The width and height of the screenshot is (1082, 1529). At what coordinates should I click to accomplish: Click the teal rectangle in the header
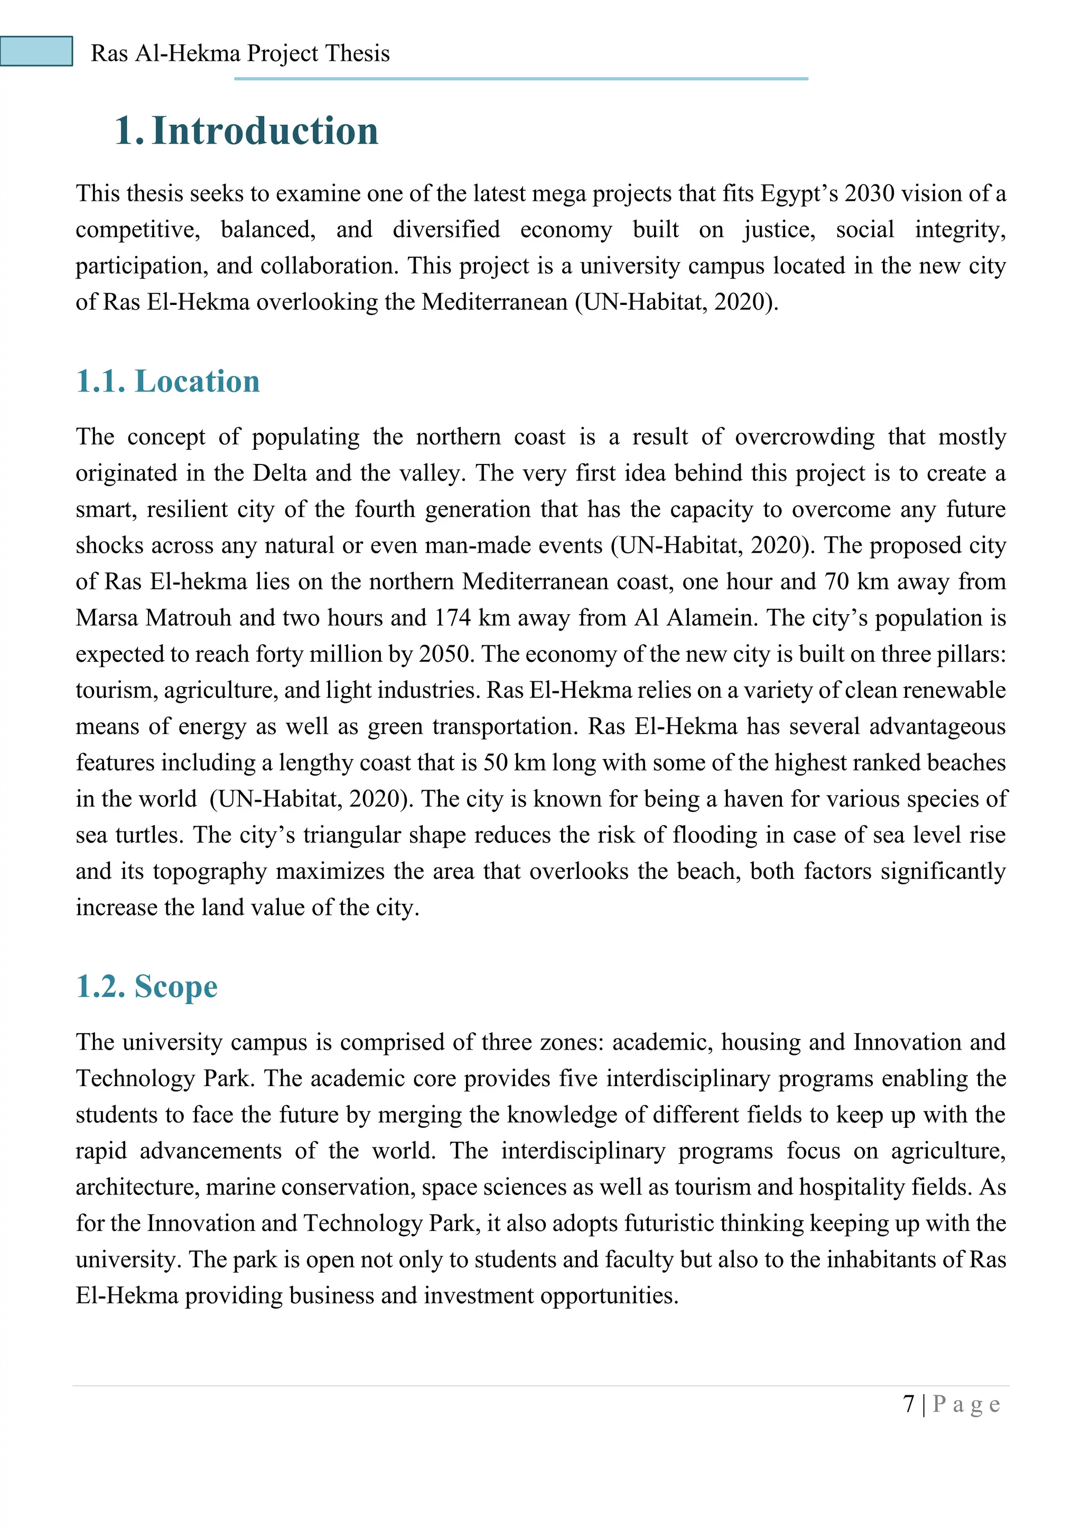[36, 51]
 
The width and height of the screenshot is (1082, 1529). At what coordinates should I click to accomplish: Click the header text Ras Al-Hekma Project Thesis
[240, 53]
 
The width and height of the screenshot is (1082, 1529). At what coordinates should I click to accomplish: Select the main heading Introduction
[265, 131]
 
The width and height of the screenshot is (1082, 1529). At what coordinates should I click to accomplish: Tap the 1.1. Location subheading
[168, 382]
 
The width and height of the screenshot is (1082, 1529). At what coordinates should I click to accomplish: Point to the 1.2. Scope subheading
[146, 986]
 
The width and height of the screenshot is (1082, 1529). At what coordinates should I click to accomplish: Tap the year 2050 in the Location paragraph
[445, 654]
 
